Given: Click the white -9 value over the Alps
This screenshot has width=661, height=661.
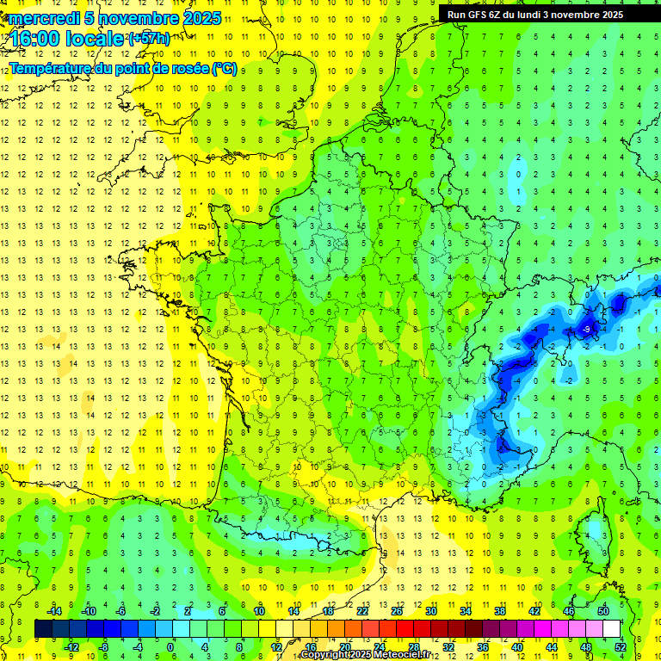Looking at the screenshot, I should pyautogui.click(x=587, y=330).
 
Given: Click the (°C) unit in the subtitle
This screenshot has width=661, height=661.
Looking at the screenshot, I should pyautogui.click(x=225, y=69).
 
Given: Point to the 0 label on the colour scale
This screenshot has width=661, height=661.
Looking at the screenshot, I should pyautogui.click(x=170, y=647).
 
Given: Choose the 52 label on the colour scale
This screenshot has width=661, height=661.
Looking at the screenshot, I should pyautogui.click(x=621, y=647).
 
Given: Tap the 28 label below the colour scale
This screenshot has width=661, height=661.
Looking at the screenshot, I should pyautogui.click(x=413, y=647).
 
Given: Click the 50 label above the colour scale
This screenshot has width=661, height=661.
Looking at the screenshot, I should pyautogui.click(x=603, y=611).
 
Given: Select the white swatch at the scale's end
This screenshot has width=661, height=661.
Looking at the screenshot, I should pyautogui.click(x=612, y=629).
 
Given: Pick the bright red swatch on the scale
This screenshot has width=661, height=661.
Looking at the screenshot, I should pyautogui.click(x=405, y=629).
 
